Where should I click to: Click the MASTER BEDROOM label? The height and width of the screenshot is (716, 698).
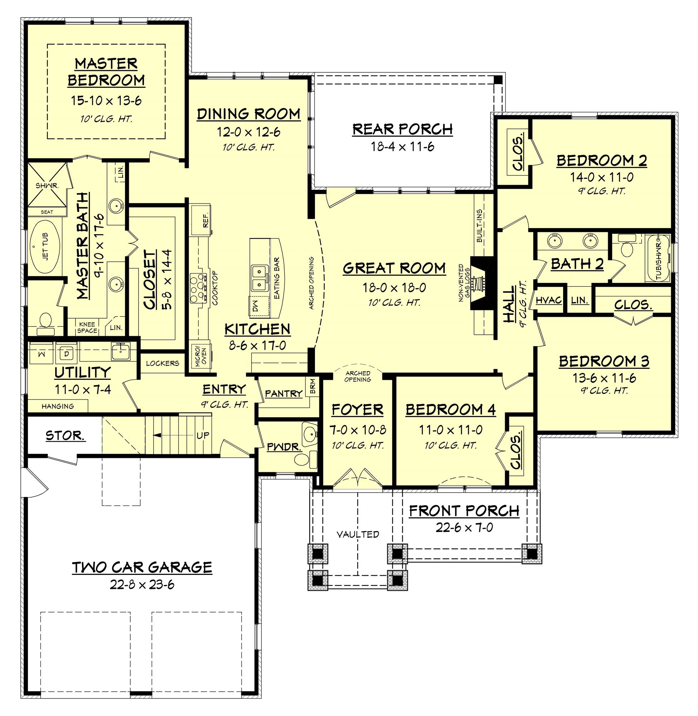[106, 72]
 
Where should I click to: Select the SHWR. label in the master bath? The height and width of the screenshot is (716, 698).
[47, 186]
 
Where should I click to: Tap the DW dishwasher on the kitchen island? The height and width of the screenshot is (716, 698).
[256, 304]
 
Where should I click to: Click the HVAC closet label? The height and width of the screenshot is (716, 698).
[549, 300]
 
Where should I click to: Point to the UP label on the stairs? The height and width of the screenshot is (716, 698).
[203, 435]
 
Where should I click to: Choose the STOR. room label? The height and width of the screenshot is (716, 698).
[66, 436]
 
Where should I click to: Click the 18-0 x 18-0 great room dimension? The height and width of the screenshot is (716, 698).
[394, 287]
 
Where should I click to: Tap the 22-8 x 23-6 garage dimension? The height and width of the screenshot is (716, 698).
[142, 584]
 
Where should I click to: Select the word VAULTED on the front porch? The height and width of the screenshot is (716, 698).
[358, 534]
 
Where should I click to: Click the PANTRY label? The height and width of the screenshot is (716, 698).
[284, 394]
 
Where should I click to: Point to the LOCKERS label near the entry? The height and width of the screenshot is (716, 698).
[163, 363]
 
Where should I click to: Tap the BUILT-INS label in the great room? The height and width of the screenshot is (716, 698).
[480, 226]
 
